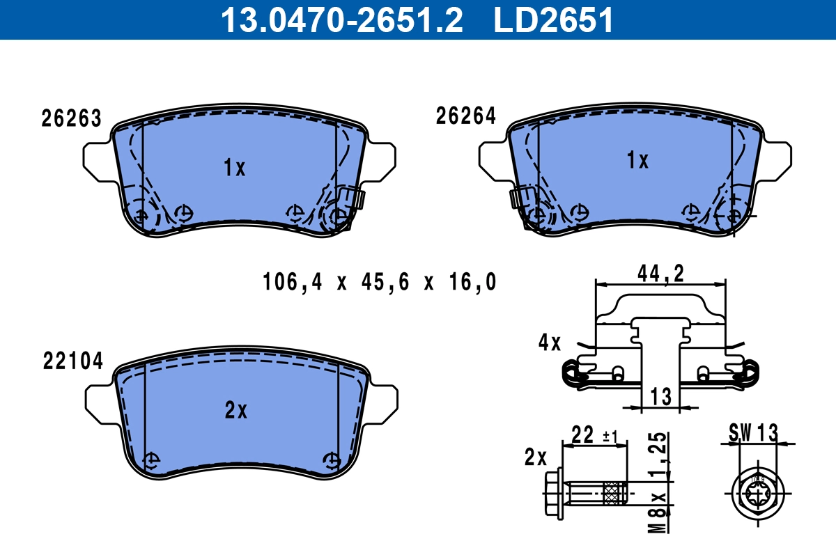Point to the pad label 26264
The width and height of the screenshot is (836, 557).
(x=466, y=116)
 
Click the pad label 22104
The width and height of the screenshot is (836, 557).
(x=73, y=361)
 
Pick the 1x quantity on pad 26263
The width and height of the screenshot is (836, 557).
(x=235, y=168)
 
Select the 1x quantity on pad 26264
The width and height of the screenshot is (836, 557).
(x=637, y=162)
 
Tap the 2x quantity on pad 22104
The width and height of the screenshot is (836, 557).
(x=236, y=411)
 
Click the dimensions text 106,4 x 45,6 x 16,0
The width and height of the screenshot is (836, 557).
(x=380, y=282)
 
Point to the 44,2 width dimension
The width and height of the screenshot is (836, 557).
(x=660, y=274)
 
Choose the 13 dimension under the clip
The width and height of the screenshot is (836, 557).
(x=660, y=397)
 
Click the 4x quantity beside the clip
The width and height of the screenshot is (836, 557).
(x=549, y=343)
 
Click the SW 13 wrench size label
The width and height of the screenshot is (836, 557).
(x=753, y=432)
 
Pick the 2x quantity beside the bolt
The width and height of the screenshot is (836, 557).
(x=535, y=457)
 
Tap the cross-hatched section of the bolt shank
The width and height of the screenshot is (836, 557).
(x=616, y=494)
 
